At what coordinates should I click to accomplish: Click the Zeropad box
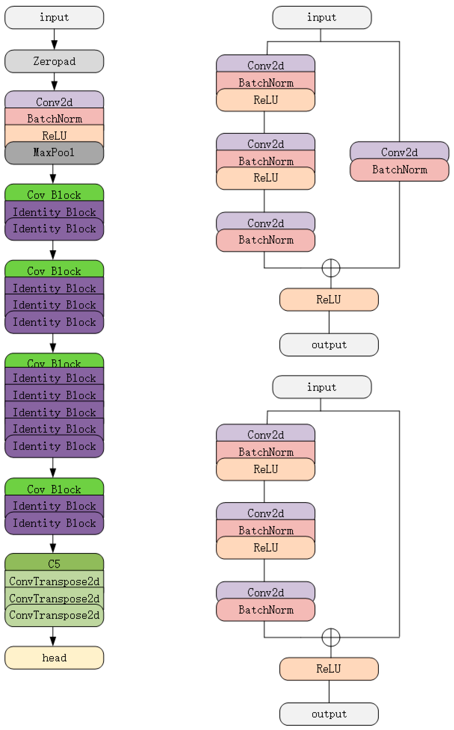pos(54,61)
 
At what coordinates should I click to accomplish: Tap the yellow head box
pos(54,658)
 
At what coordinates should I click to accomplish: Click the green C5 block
pos(54,563)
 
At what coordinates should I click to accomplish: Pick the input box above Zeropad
pos(54,17)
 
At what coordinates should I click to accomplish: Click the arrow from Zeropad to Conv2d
pos(54,82)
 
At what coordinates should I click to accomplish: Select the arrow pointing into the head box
pos(53,637)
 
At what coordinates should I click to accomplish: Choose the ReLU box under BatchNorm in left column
pos(54,135)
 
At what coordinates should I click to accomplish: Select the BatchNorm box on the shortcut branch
pos(399,170)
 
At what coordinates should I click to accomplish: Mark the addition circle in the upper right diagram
pos(331,268)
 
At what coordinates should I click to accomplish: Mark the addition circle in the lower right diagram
pos(331,637)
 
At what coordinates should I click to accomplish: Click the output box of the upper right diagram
pos(329,345)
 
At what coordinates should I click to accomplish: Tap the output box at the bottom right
pos(329,714)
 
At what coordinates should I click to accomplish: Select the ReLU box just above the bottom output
pos(329,669)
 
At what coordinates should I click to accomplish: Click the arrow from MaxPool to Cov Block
pos(53,174)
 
